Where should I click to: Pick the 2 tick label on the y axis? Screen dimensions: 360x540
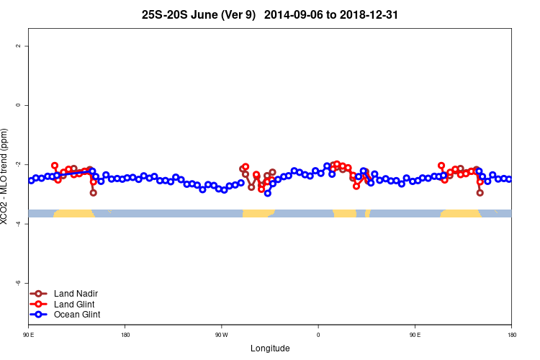tap(18, 46)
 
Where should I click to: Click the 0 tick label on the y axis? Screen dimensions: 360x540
tap(18, 105)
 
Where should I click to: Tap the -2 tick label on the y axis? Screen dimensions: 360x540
tap(18, 164)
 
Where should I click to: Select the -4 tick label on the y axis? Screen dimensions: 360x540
tap(18, 224)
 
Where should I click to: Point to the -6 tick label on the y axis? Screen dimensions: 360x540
tap(18, 283)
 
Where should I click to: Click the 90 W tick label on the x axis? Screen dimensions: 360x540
tap(221, 335)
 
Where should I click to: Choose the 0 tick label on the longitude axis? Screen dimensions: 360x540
tap(318, 335)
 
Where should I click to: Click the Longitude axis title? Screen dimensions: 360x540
tap(270, 348)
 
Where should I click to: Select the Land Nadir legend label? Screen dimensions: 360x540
tap(76, 294)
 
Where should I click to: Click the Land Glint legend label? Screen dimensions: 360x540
tap(74, 304)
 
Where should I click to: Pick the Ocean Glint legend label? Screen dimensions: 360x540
tap(77, 315)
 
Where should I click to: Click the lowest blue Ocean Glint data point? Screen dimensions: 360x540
tap(268, 193)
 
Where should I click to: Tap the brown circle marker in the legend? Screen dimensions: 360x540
tap(40, 294)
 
